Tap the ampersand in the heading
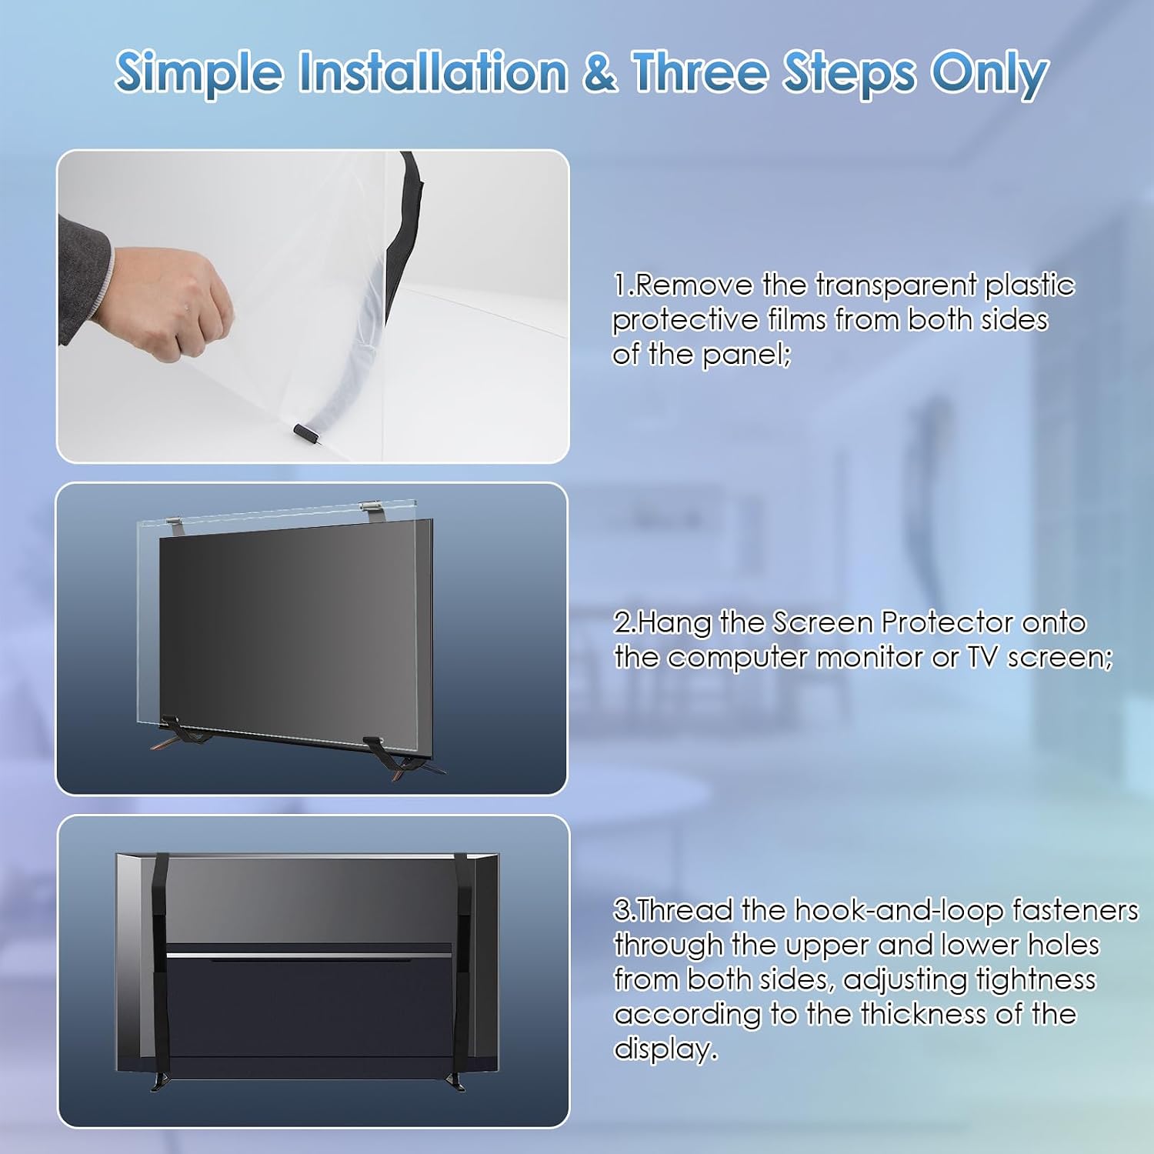pos(599,72)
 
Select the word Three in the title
pos(700,72)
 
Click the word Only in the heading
pos(989,75)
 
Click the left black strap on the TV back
pos(161,962)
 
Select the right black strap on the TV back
pos(462,962)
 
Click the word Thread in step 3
pos(685,910)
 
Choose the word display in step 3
pos(665,1049)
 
